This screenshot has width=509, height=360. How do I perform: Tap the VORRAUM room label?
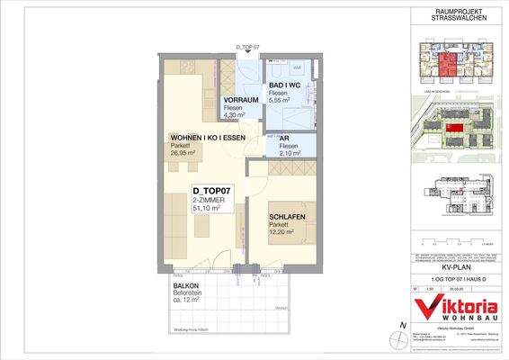pos(241,99)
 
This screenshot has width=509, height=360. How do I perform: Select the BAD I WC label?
pos(286,84)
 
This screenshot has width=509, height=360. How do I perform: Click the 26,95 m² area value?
pos(186,153)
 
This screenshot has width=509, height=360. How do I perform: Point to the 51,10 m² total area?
pos(209,210)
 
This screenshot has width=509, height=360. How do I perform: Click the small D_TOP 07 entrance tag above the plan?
pos(246,46)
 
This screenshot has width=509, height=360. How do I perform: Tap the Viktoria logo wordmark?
pos(455,306)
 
